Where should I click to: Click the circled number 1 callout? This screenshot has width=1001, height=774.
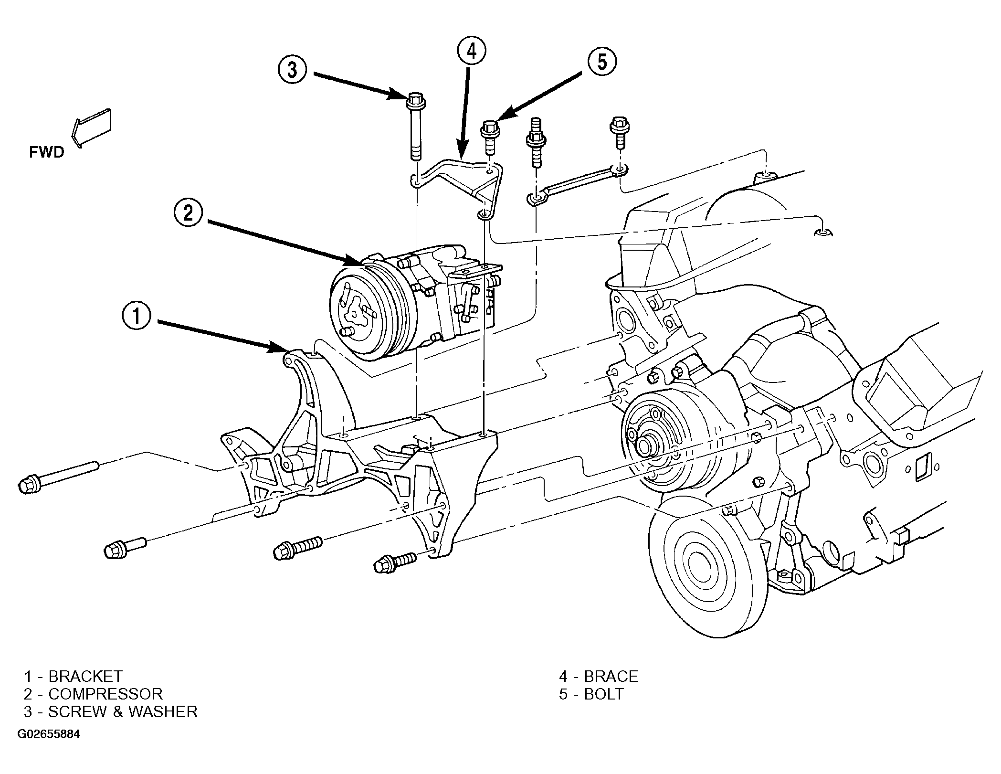pos(137,317)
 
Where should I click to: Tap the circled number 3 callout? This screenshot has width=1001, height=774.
pos(294,70)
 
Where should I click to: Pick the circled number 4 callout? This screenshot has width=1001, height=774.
pos(472,52)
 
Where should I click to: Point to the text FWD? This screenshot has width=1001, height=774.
pos(46,152)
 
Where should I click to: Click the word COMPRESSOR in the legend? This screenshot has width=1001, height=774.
pos(105,694)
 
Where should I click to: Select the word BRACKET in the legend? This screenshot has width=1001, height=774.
pos(85,676)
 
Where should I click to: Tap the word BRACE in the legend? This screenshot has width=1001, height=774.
pos(611,676)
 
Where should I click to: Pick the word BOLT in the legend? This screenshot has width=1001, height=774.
pos(604,694)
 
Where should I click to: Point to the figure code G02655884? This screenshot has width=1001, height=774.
pos(49,734)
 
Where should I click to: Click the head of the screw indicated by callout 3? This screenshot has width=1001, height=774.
pos(416,104)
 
